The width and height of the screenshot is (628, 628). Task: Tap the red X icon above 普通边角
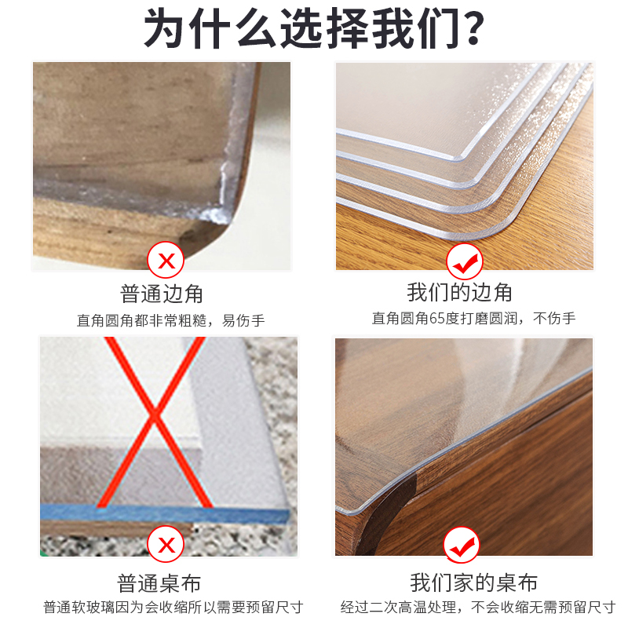coord(166,260)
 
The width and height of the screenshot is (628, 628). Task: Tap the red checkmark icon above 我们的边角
coord(463,260)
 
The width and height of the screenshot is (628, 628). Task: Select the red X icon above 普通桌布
coord(166,544)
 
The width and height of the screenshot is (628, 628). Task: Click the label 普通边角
coord(162,294)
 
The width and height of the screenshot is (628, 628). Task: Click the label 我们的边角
coord(460,293)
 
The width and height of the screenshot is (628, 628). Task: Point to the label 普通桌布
coord(159,583)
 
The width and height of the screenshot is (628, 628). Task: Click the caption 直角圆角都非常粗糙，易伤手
coord(170,320)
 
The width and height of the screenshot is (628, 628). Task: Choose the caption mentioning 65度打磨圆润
coord(473,319)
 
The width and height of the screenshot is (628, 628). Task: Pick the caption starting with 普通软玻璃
coord(173,608)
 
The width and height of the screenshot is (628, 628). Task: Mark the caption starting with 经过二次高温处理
coord(477,608)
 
